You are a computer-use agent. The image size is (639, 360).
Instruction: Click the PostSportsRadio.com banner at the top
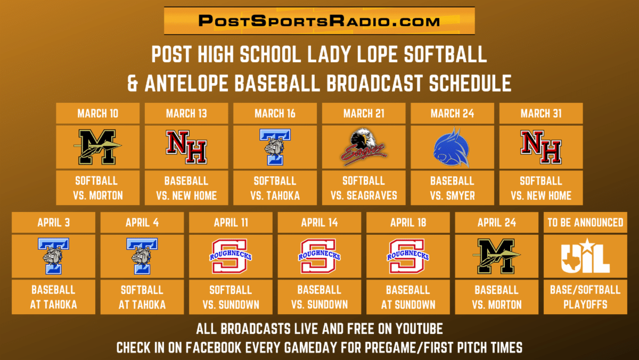point(319,21)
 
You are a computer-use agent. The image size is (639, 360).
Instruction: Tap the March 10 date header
point(97,113)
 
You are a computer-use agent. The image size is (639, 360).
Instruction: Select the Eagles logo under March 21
point(364,147)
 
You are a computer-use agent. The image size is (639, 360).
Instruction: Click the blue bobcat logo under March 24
point(452,148)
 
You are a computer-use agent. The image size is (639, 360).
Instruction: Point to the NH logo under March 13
point(186,147)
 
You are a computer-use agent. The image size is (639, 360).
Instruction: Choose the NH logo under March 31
point(541,147)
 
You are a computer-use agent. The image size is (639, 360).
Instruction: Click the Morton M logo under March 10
point(97,147)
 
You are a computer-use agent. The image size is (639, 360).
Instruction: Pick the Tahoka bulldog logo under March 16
point(275,147)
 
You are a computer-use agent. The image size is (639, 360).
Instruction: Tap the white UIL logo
point(585,256)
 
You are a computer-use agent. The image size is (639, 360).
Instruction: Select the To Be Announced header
point(585,223)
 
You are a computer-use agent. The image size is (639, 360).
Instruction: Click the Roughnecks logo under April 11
point(231,256)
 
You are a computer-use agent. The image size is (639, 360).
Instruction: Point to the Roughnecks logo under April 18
point(408,256)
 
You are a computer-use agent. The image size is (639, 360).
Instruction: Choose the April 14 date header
point(319,223)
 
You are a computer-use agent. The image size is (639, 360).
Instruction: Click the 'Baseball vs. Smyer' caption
point(453,189)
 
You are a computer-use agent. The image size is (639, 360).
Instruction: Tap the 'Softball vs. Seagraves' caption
point(364,189)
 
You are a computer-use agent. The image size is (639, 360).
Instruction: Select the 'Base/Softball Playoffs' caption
point(585,297)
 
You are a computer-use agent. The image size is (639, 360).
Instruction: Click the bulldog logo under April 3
point(53,256)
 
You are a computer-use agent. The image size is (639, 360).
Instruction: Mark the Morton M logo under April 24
point(497,256)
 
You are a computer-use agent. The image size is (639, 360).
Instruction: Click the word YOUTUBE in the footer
point(419,329)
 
